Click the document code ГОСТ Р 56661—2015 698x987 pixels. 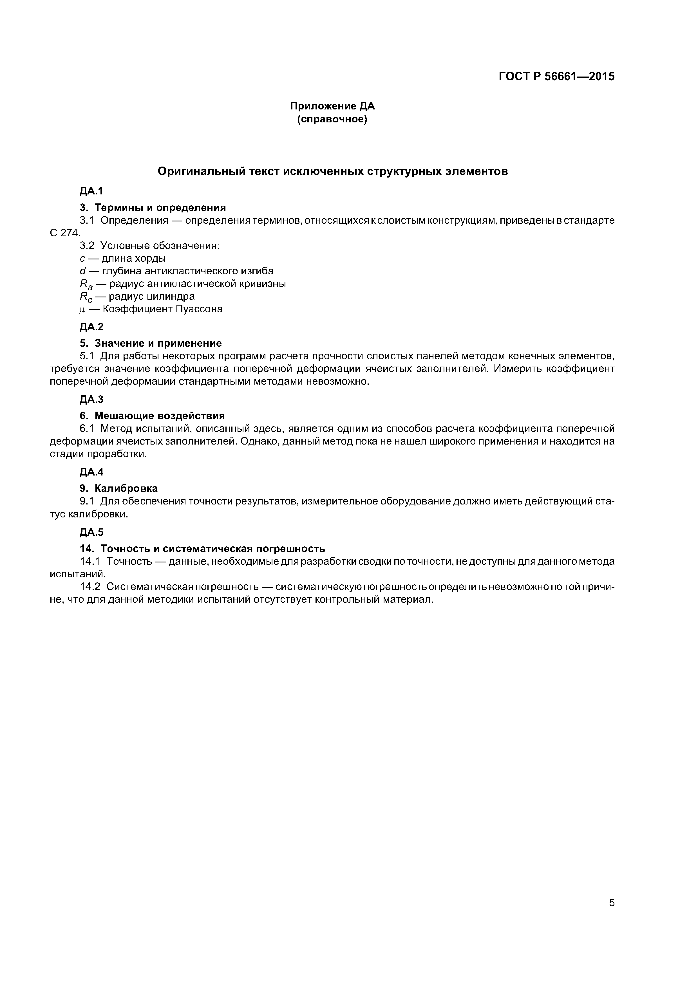click(556, 77)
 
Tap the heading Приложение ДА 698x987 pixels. click(332, 106)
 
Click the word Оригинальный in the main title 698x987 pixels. click(202, 172)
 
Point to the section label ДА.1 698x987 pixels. click(91, 191)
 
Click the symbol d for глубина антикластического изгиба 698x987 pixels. click(82, 271)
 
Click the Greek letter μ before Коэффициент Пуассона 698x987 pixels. click(82, 309)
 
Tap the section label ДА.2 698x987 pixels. click(91, 327)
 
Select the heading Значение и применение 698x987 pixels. click(158, 344)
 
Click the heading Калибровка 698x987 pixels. click(126, 489)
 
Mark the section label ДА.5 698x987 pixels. click(91, 533)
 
